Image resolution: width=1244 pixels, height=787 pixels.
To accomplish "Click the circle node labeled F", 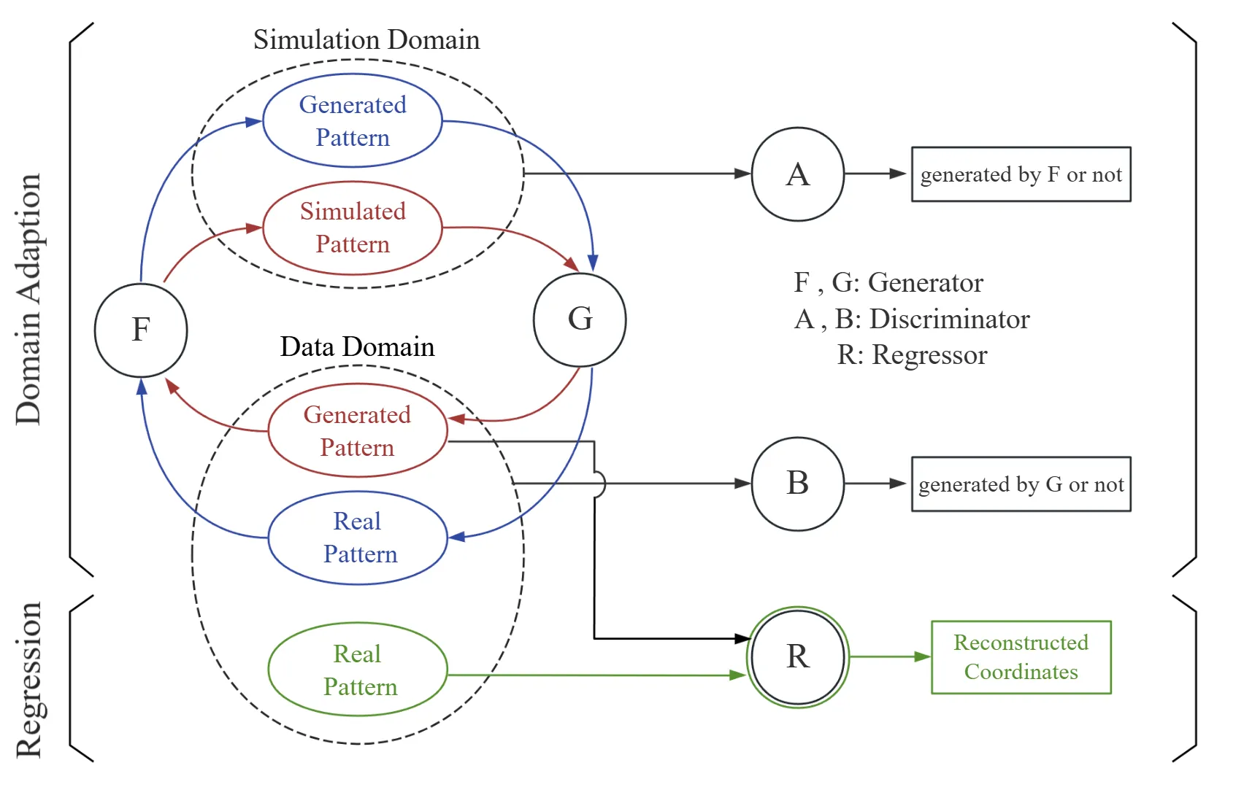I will (141, 330).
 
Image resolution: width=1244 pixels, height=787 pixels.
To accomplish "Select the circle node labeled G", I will (580, 319).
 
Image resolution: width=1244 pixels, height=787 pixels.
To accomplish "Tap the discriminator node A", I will (798, 174).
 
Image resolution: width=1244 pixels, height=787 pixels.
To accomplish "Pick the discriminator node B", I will (798, 484).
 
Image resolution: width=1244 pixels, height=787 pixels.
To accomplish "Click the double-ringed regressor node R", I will (798, 657).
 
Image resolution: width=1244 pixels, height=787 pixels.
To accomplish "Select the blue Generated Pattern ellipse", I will (353, 121).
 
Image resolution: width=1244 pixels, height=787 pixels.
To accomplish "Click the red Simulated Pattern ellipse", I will (353, 228).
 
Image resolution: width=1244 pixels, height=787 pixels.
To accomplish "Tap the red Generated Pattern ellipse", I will (358, 430).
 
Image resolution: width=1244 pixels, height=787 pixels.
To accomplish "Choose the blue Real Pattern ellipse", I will (358, 538).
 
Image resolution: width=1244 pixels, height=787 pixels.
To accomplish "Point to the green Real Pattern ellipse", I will (358, 670).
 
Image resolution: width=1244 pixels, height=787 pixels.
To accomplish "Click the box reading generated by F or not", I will (1021, 174).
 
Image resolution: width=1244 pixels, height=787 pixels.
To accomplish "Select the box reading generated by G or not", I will (1021, 484).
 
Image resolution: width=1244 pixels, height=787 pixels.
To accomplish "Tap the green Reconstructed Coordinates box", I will (1021, 657).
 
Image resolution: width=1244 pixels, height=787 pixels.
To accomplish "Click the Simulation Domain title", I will (366, 39).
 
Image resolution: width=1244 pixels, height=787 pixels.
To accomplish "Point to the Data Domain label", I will (357, 346).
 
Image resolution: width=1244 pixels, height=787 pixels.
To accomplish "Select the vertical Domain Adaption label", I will (29, 299).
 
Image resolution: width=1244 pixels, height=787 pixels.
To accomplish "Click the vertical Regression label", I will (29, 680).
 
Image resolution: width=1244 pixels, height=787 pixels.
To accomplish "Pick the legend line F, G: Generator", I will (888, 282).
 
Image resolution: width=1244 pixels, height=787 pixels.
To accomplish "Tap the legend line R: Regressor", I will (912, 355).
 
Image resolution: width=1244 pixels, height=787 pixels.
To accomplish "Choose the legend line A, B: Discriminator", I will (912, 319).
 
